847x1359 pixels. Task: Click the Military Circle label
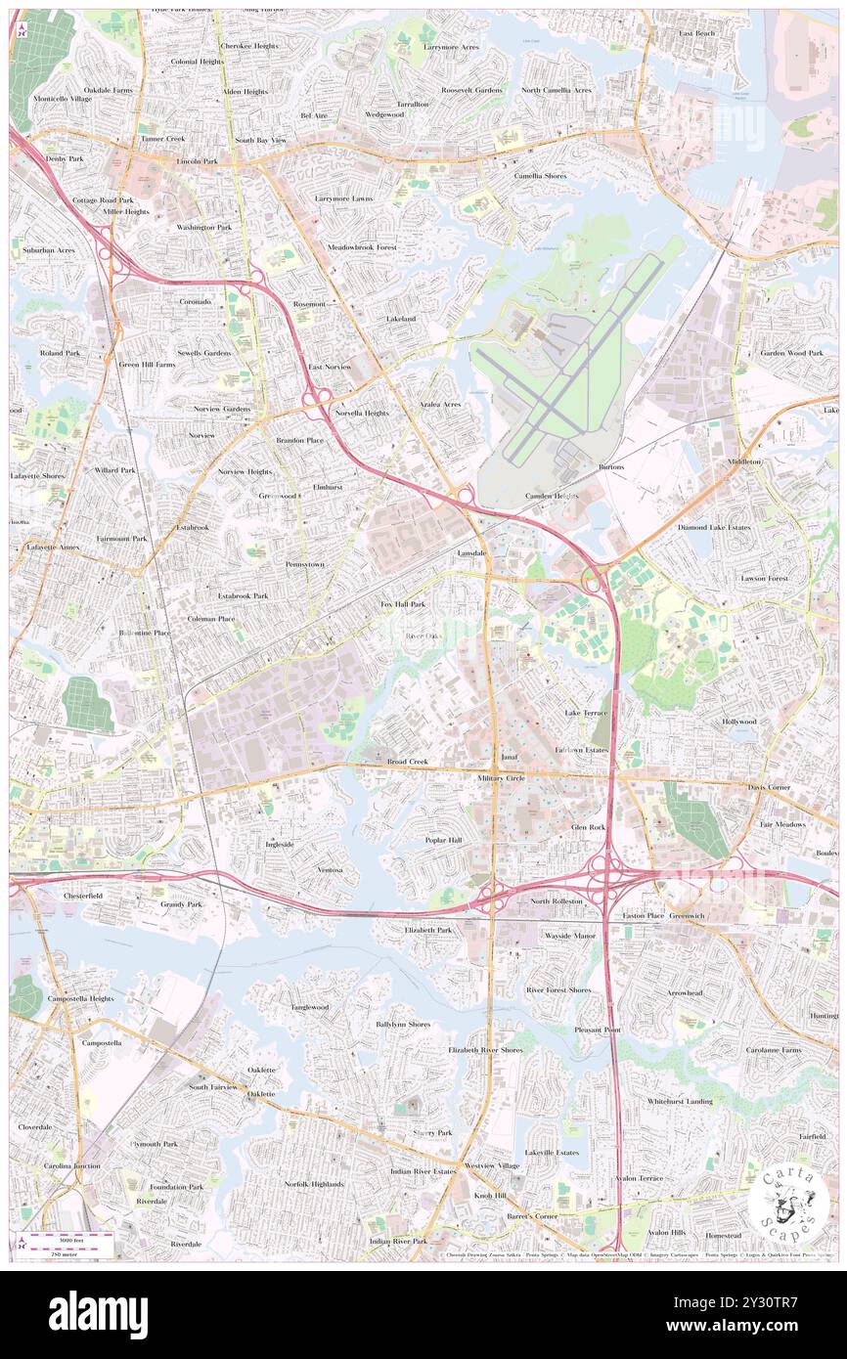click(x=502, y=777)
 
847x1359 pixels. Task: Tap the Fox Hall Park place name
click(x=403, y=605)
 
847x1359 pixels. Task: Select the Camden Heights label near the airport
click(x=552, y=496)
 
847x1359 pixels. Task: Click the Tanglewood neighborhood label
click(x=309, y=1006)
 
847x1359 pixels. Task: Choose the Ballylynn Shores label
click(x=403, y=1025)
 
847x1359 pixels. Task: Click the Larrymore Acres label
click(x=451, y=47)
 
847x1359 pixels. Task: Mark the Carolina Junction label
click(x=71, y=1166)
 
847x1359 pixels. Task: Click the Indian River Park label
click(x=398, y=1241)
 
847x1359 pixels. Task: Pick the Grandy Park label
click(x=181, y=904)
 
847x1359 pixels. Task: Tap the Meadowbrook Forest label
click(x=362, y=247)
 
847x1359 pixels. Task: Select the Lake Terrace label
click(x=586, y=713)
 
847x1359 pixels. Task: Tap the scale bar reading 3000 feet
click(x=68, y=1238)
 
